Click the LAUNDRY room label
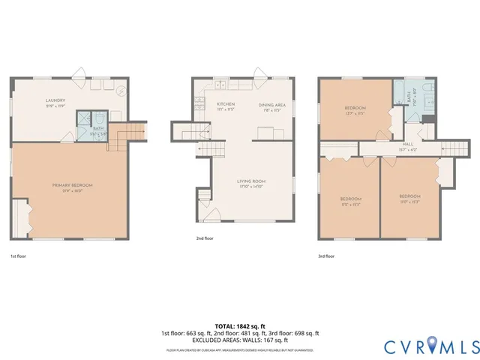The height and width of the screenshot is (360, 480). click(55, 100)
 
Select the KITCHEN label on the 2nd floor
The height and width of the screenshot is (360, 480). click(226, 105)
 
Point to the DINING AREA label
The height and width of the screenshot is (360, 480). click(271, 105)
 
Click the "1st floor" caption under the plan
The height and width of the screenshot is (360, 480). click(19, 256)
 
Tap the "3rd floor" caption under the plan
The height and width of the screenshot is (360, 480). click(325, 256)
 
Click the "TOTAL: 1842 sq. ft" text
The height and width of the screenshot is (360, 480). click(240, 326)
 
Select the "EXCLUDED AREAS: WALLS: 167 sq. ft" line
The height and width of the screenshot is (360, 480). click(240, 340)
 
